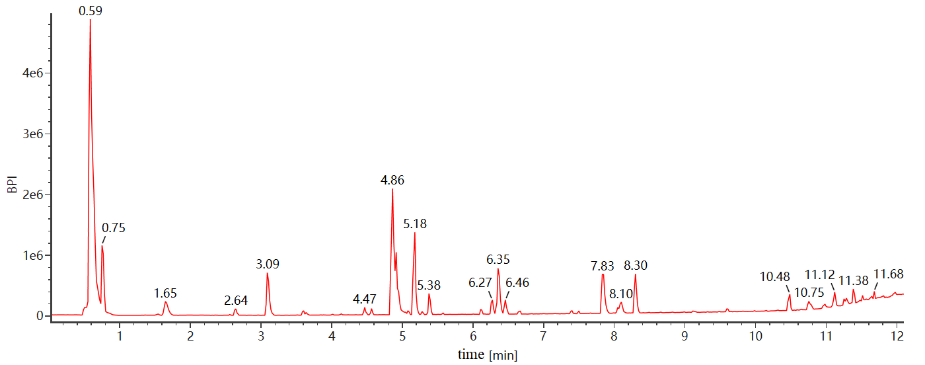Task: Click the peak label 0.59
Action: tap(91, 11)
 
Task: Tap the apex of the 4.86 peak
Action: tap(392, 190)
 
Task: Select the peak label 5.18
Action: tap(415, 224)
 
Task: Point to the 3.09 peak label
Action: tap(268, 264)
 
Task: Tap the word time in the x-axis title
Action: tap(471, 354)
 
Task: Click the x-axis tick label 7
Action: tap(544, 336)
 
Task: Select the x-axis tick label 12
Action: tap(897, 336)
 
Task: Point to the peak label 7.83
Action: tap(603, 266)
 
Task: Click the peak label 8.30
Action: tap(636, 266)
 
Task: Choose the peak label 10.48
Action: tap(775, 276)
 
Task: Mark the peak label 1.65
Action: tap(166, 293)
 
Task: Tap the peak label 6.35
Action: tap(498, 259)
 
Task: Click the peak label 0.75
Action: tap(114, 228)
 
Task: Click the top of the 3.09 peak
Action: tap(267, 273)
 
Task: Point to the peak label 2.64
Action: tap(236, 300)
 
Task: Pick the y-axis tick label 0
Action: tap(40, 316)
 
